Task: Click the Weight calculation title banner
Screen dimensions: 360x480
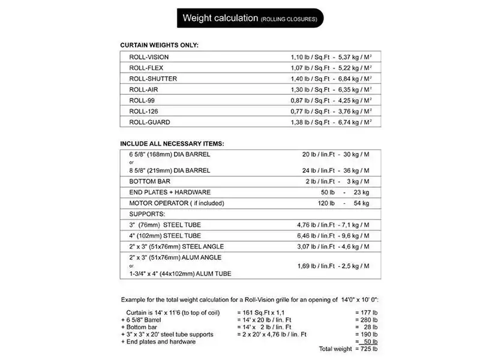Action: click(x=250, y=18)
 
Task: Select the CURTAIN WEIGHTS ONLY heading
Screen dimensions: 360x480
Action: click(x=159, y=46)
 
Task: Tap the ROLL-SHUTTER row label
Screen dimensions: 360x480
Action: click(x=153, y=79)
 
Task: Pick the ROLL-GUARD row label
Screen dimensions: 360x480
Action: click(x=149, y=122)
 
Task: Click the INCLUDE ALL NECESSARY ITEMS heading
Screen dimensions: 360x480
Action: click(x=172, y=143)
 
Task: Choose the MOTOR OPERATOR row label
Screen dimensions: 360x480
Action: click(x=176, y=203)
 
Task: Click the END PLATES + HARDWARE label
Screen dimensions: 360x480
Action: click(x=169, y=192)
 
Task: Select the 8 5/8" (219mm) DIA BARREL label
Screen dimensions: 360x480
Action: click(x=170, y=170)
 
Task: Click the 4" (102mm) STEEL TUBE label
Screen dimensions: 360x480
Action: click(x=165, y=236)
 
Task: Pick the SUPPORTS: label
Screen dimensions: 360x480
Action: click(x=146, y=214)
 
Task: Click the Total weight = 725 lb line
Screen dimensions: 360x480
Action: click(x=350, y=349)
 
